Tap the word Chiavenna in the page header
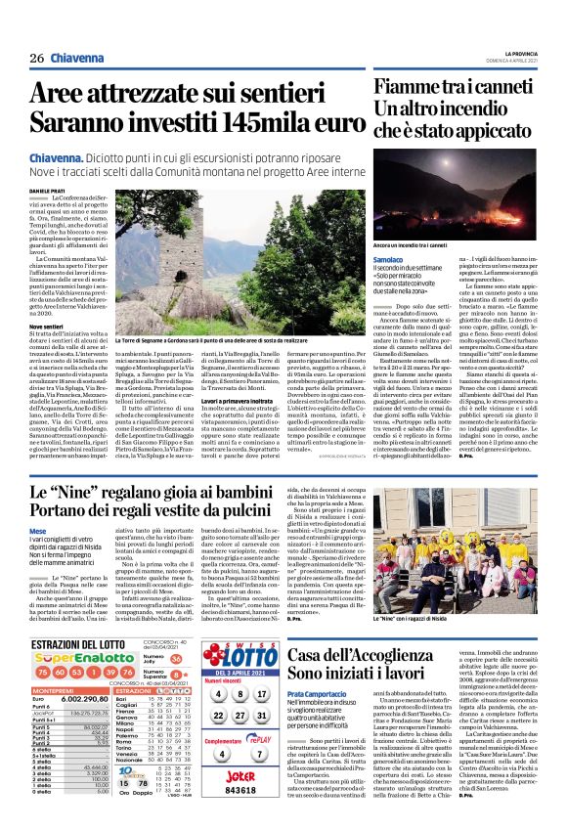(77, 58)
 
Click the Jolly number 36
(176, 660)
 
